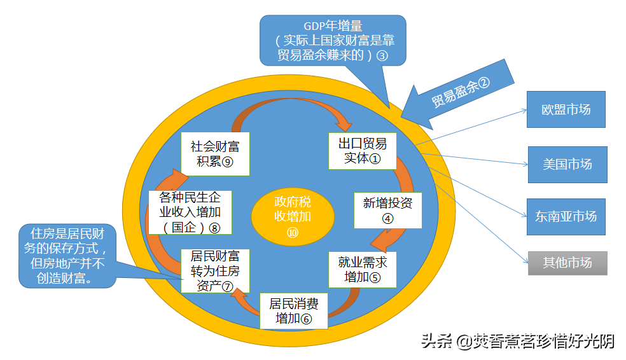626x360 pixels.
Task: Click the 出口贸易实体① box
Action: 363,151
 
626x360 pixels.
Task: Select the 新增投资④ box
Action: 387,211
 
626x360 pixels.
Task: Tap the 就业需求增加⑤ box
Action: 363,270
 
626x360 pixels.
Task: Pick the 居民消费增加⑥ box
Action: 294,311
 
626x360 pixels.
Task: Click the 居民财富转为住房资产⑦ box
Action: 215,271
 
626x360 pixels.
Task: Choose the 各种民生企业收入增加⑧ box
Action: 190,212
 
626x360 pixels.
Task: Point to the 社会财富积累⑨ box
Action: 215,154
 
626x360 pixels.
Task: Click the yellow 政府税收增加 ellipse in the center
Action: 293,216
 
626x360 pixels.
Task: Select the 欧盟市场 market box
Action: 566,109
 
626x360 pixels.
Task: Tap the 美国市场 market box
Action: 567,165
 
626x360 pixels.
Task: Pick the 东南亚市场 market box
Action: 566,217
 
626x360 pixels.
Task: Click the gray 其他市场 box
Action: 567,263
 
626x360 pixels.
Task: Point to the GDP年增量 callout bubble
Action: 333,40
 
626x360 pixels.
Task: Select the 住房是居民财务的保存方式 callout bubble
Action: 67,256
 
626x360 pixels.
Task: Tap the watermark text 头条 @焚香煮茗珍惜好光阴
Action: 518,342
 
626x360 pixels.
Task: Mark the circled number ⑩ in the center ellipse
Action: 293,232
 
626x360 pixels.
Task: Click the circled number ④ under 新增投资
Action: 387,219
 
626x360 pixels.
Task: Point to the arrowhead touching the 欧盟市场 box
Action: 524,111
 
